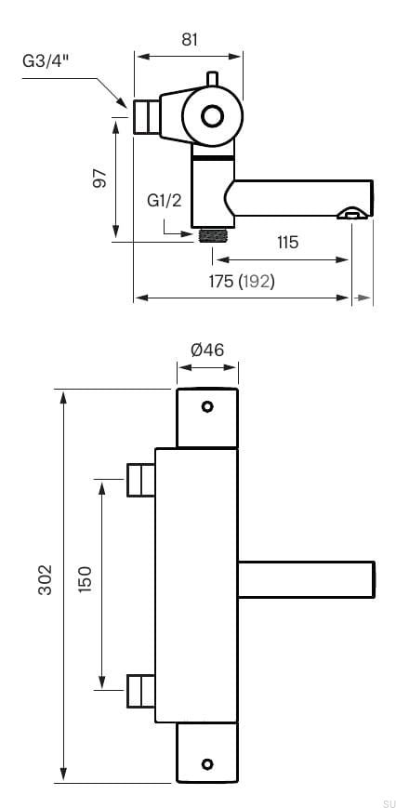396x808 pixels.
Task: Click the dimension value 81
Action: coord(189,39)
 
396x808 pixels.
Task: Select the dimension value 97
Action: coord(100,178)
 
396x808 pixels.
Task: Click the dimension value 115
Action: coord(287,243)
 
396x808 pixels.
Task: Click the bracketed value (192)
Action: coord(257,281)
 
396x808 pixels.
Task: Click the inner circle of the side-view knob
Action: coord(212,116)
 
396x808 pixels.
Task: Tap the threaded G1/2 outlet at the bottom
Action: coord(214,235)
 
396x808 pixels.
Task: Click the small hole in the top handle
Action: coord(207,406)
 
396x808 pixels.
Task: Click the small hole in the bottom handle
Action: coord(207,763)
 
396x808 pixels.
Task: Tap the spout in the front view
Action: coord(307,579)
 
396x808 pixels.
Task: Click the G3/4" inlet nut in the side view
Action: coord(145,117)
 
